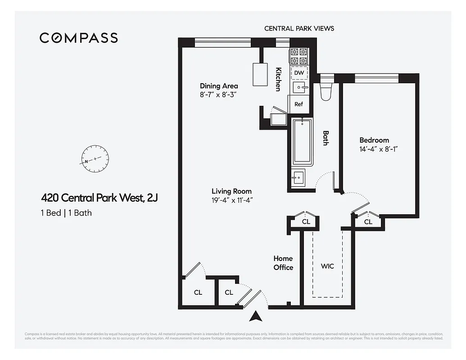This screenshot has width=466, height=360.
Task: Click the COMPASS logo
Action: point(79,38)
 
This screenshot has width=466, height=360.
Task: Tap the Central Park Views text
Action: point(299,28)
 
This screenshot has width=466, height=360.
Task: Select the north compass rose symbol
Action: point(95,159)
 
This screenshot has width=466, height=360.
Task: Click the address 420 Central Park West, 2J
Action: point(100,198)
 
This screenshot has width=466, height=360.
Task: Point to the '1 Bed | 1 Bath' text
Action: point(66,213)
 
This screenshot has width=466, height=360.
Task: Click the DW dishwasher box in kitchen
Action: point(299,72)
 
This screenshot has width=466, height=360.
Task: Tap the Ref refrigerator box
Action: point(299,104)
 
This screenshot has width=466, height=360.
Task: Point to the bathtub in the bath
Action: point(302,142)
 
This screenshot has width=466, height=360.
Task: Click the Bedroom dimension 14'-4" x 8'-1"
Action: point(379,148)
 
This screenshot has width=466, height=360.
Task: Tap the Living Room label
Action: point(231,191)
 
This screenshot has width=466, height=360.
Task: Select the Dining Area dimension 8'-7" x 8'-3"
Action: point(218,95)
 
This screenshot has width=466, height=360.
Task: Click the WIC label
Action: point(327,266)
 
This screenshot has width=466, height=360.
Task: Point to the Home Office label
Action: point(283,263)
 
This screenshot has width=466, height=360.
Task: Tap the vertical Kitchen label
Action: point(279,79)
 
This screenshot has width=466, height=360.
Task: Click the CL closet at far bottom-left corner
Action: point(198,292)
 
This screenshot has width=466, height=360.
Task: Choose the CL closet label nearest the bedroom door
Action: point(368,222)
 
